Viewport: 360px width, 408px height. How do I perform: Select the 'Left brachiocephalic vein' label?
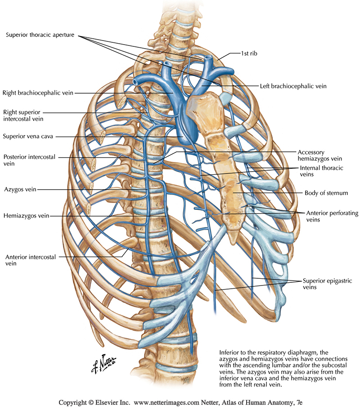(x=293, y=86)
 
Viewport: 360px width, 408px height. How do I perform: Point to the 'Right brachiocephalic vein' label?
(x=37, y=93)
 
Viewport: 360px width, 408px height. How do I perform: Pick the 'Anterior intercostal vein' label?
(x=30, y=260)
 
